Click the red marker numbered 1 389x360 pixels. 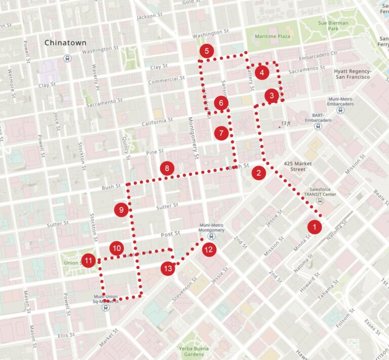tap(315, 226)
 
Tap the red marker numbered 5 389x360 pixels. tap(206, 51)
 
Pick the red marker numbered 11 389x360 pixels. tap(89, 261)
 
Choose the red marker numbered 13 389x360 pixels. tap(168, 268)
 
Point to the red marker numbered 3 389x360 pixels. tap(271, 95)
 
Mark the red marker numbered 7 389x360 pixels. tap(221, 133)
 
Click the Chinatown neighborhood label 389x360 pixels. tap(65, 43)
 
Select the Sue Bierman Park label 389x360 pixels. tap(333, 26)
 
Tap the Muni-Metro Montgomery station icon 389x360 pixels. tap(211, 236)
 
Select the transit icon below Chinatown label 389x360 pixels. tap(67, 58)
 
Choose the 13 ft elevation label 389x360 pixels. tap(286, 123)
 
